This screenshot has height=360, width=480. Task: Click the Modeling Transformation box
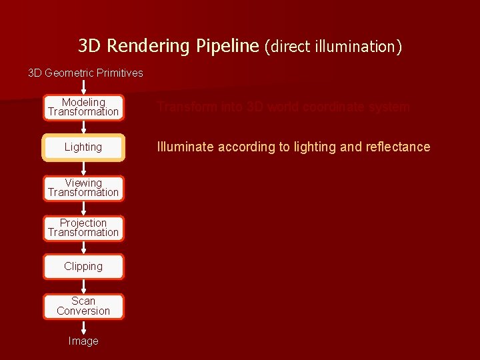pos(83,107)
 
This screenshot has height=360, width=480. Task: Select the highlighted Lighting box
pos(83,147)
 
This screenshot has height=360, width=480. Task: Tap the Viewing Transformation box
pos(83,188)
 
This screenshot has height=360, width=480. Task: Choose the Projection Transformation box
pos(83,228)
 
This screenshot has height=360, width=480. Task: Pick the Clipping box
pos(83,267)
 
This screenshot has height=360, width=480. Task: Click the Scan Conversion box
pos(83,306)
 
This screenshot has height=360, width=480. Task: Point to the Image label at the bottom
pos(83,341)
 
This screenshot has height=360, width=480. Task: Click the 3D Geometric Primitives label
pos(85,73)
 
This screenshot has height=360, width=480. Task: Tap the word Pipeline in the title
pos(227,46)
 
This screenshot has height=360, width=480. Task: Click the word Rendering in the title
pos(148,46)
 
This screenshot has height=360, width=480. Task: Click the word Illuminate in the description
pos(187,147)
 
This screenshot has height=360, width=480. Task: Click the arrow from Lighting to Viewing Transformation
pos(83,168)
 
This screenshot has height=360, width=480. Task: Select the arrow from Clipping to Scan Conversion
pos(83,287)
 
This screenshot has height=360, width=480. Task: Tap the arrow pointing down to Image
pos(83,327)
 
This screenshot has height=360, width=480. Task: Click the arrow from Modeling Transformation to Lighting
pos(83,128)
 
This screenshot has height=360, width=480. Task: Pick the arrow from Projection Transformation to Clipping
pos(83,247)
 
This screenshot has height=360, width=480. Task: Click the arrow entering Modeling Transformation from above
pos(83,87)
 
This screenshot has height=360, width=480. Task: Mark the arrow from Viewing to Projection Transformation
pos(83,209)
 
